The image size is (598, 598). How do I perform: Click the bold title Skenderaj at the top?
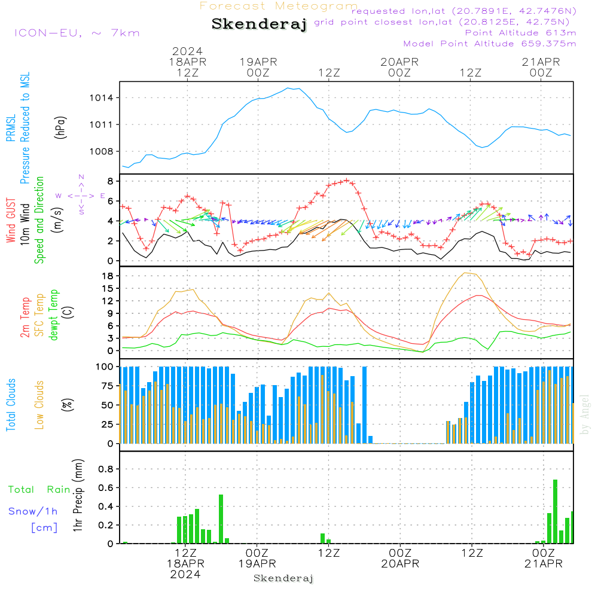coord(260,25)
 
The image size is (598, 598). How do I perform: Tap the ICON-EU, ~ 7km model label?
coord(77,33)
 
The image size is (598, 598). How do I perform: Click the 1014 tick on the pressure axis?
coord(102,98)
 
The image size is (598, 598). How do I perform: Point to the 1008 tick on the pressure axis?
coord(102,152)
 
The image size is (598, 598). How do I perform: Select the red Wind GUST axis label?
coord(11,220)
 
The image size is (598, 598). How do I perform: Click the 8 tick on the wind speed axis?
coord(110,181)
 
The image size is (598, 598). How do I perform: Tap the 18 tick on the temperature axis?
coord(108,276)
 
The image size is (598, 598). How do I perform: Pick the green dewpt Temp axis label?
coord(53,315)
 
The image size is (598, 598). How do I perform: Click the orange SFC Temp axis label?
coord(39,315)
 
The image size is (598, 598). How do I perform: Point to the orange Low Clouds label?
coord(39,405)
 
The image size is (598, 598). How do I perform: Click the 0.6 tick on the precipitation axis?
coord(106,488)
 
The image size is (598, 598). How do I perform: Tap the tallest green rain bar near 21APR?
coord(556,511)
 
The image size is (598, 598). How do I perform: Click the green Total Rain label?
coord(39,490)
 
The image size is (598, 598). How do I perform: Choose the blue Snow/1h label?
coord(33,511)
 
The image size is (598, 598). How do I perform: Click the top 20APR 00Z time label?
coord(399,68)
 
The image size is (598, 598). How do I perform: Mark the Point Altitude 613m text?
coord(521,33)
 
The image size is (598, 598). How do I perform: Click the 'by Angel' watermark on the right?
coord(585,414)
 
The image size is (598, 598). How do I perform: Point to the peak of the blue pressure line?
coord(288,88)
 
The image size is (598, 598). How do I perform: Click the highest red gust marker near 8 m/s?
coord(346,180)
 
